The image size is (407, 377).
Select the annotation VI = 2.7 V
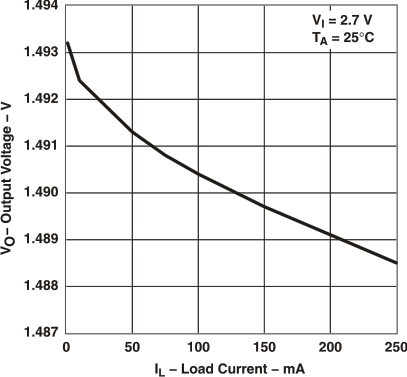tap(349, 21)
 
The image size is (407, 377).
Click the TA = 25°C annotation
tap(349, 39)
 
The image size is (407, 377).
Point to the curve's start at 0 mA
tap(67, 43)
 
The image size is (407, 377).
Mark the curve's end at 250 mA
tap(396, 263)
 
